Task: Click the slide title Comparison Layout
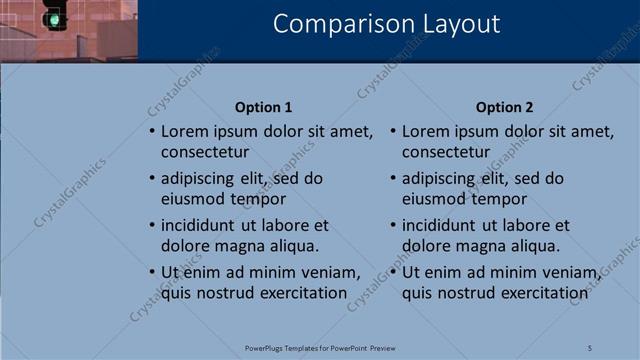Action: pyautogui.click(x=387, y=24)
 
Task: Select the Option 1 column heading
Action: pyautogui.click(x=264, y=107)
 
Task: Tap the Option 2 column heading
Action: pyautogui.click(x=505, y=107)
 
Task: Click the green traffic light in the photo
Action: pyautogui.click(x=53, y=17)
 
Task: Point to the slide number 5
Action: pyautogui.click(x=590, y=347)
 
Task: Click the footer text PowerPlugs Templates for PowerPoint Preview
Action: pyautogui.click(x=320, y=347)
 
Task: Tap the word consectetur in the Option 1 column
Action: pyautogui.click(x=205, y=152)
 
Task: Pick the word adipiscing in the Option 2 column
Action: pyautogui.click(x=441, y=178)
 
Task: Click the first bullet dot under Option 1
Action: pyautogui.click(x=152, y=132)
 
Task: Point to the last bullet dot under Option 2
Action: pyautogui.click(x=393, y=272)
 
